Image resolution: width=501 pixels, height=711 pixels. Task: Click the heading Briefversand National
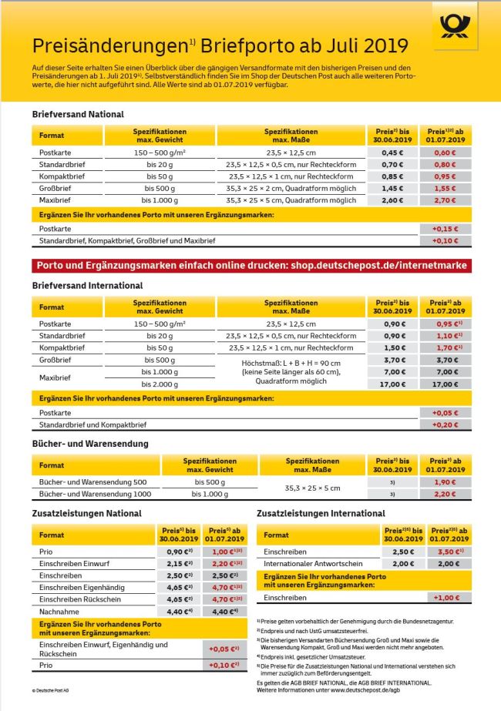coord(78,114)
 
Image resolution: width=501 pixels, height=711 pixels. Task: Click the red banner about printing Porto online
coord(250,265)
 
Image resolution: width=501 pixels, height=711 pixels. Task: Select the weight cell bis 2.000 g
coord(161,383)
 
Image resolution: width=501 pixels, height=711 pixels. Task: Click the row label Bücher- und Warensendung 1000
coord(89,494)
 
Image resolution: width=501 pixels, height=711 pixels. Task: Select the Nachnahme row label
coord(55,612)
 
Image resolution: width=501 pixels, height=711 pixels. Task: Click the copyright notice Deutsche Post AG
coord(51,690)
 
